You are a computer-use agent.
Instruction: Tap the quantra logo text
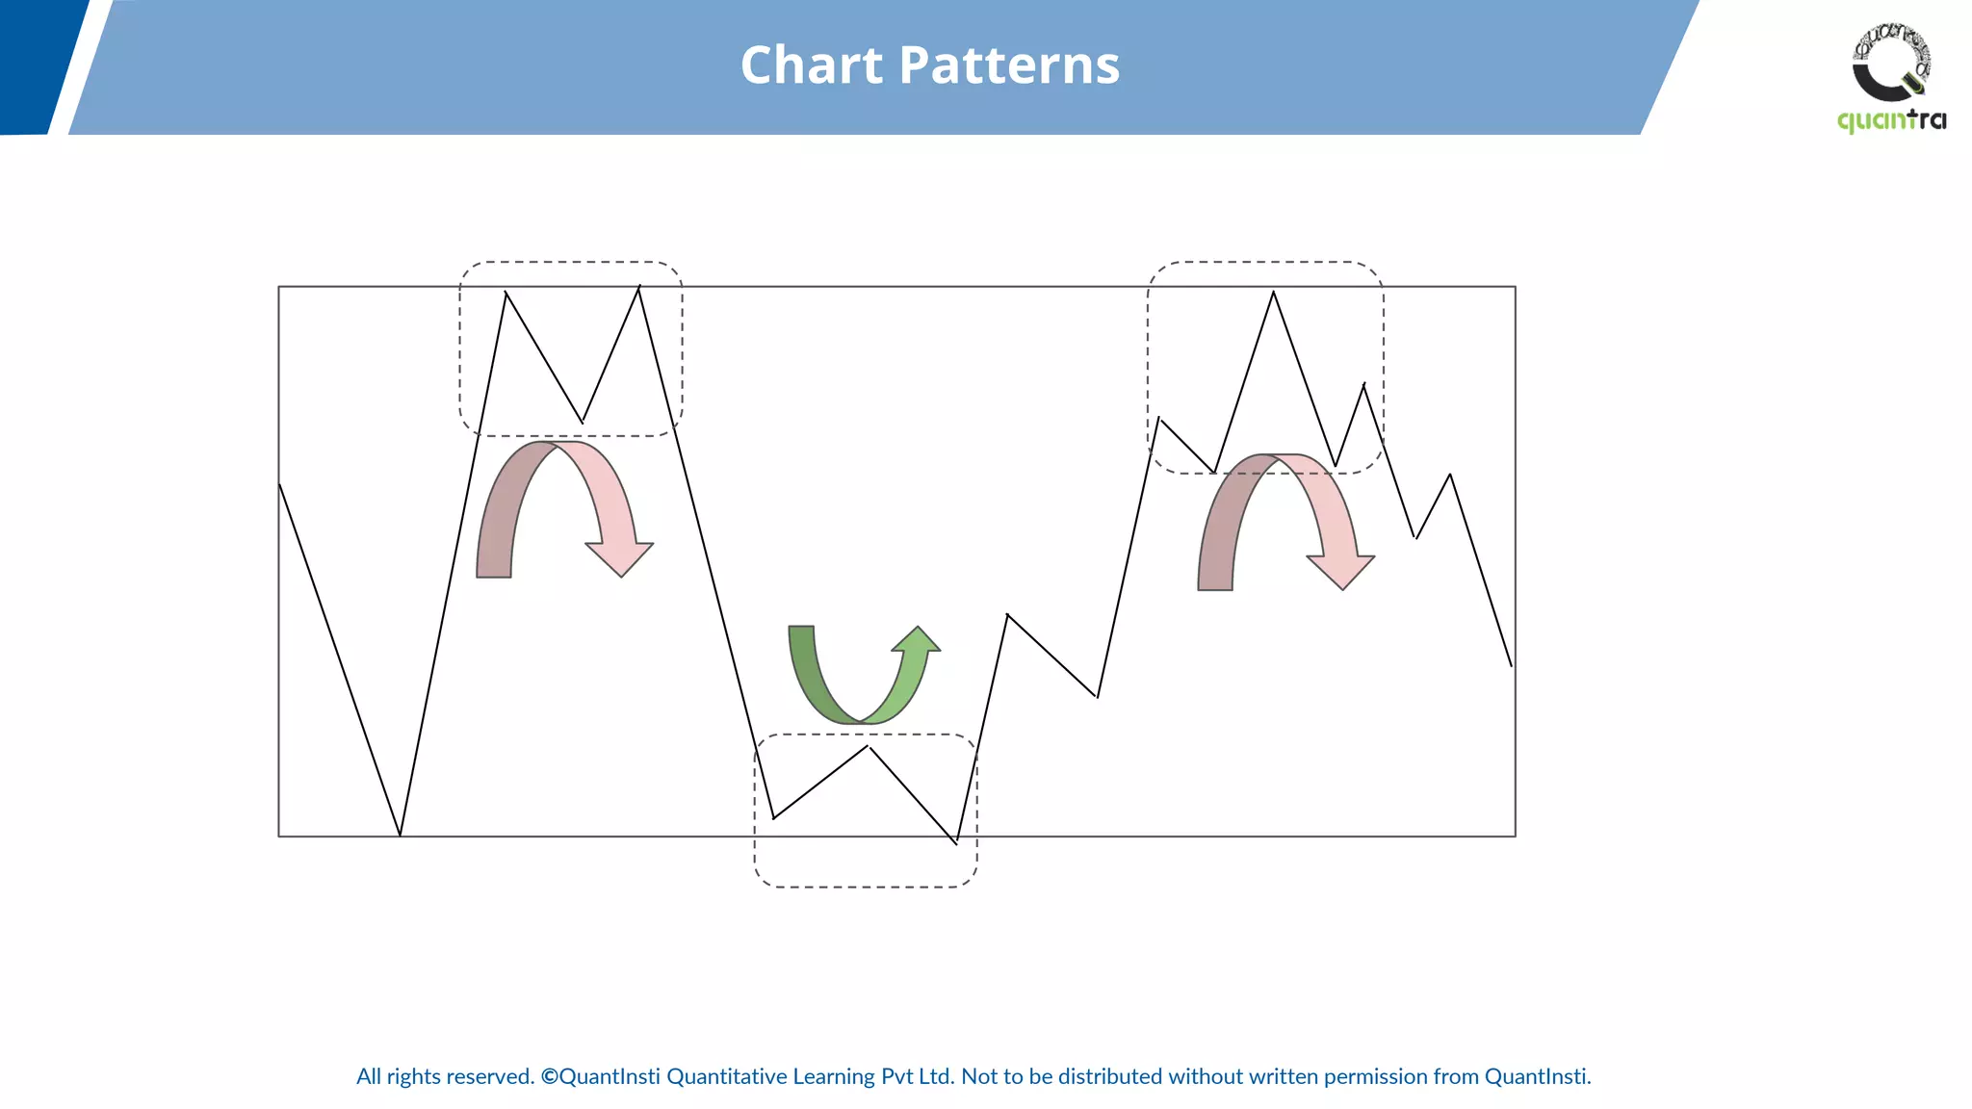pyautogui.click(x=1891, y=120)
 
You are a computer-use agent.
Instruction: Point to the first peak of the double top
pyautogui.click(x=506, y=293)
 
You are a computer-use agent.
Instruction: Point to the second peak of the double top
pyautogui.click(x=638, y=287)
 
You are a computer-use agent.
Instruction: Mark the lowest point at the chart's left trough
pyautogui.click(x=400, y=835)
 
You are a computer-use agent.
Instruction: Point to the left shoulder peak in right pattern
pyautogui.click(x=1159, y=419)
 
